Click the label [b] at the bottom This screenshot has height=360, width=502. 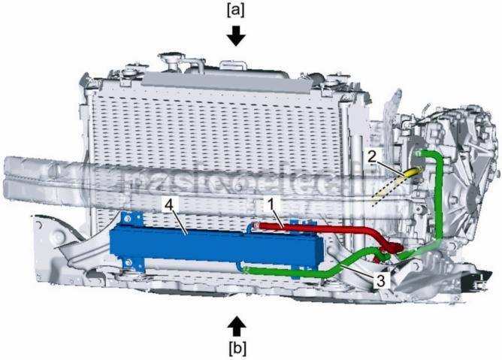[x=237, y=348]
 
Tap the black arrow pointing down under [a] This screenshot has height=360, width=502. [x=237, y=35]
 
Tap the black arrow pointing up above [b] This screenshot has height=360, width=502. [x=237, y=325]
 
